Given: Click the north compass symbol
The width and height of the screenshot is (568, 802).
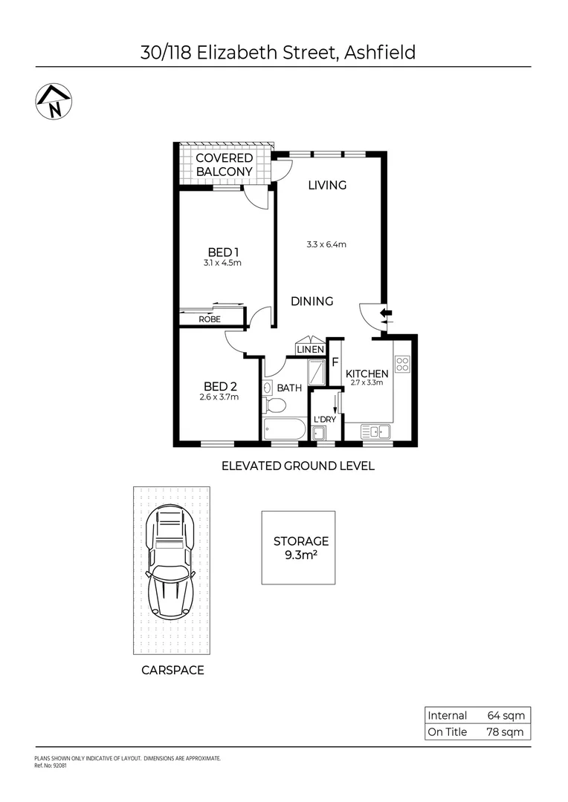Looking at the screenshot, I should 54,102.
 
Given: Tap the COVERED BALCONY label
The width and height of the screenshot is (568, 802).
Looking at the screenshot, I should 224,165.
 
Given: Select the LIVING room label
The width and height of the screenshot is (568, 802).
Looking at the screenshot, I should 327,185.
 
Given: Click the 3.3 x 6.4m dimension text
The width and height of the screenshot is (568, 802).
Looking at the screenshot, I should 327,244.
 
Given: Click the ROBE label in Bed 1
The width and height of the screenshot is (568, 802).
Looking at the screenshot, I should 209,319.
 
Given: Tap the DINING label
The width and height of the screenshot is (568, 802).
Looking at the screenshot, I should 312,301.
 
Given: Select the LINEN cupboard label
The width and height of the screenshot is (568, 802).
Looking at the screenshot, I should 310,349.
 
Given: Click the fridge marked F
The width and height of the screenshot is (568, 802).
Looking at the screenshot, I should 335,363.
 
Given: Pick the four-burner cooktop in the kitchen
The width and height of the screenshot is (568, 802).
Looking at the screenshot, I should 402,364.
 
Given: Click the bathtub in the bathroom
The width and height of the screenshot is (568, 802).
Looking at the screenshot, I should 283,429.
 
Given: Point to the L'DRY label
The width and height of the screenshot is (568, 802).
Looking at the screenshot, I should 325,420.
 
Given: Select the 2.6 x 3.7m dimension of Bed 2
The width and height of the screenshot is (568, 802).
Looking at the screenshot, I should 220,397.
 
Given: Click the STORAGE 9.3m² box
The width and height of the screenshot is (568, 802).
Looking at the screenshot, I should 298,547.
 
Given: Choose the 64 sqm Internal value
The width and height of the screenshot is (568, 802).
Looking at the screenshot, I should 506,716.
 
